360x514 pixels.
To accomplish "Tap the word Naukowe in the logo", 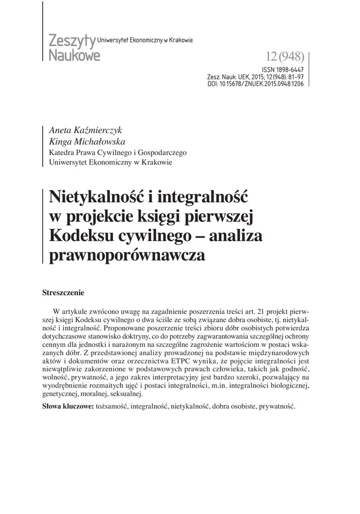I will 74,54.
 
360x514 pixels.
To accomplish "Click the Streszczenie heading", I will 64,291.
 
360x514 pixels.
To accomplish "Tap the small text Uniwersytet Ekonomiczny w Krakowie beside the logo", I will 148,40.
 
